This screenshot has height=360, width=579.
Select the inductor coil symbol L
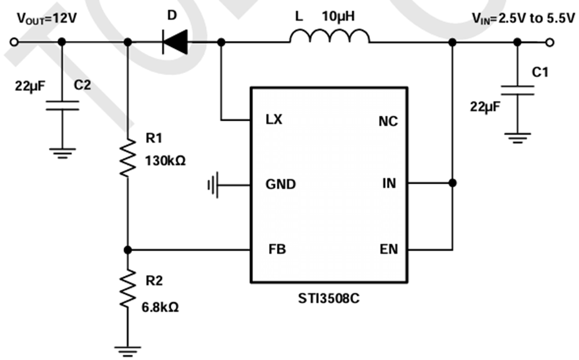[330, 37]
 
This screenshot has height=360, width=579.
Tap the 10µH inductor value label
[338, 17]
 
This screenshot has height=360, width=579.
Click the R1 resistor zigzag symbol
[128, 157]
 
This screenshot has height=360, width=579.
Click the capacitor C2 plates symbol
[62, 106]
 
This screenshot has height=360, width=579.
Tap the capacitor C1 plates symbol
[517, 91]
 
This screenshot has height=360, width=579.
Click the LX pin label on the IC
[274, 120]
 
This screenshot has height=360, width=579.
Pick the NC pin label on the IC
[387, 121]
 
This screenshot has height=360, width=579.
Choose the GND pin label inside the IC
[281, 184]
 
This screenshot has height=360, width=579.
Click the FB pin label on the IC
[277, 249]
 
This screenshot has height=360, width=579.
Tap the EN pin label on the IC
[389, 249]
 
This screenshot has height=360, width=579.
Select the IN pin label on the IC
[389, 183]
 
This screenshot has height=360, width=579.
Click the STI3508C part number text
[329, 298]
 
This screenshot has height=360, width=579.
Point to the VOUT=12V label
[47, 19]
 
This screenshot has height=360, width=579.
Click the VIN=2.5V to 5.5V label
[523, 19]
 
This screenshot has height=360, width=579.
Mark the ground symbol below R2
[128, 351]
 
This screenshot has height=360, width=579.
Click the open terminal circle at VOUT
[14, 42]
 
